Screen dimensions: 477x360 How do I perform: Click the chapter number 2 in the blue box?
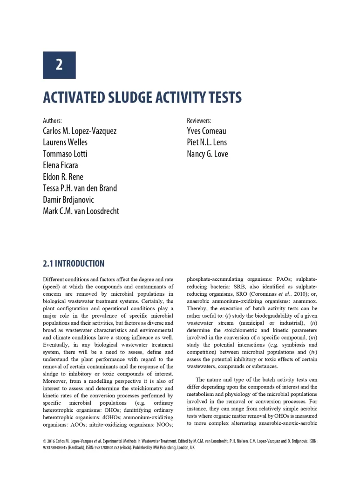59,65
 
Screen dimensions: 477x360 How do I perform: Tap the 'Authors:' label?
52,121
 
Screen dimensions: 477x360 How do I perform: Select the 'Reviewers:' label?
199,121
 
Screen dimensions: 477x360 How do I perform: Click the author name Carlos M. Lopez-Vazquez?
80,131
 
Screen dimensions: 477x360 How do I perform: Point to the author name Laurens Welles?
65,142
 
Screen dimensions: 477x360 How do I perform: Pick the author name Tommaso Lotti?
65,154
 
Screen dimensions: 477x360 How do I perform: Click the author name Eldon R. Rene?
63,177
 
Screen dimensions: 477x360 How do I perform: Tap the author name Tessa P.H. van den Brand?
80,188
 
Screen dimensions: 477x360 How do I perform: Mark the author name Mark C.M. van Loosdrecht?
81,211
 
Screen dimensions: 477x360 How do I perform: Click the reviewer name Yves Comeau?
206,131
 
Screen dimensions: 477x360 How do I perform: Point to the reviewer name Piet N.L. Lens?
207,142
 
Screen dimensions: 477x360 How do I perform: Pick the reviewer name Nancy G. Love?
207,154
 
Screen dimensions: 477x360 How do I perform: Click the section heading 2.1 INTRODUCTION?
74,264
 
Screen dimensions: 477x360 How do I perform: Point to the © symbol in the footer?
44,441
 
